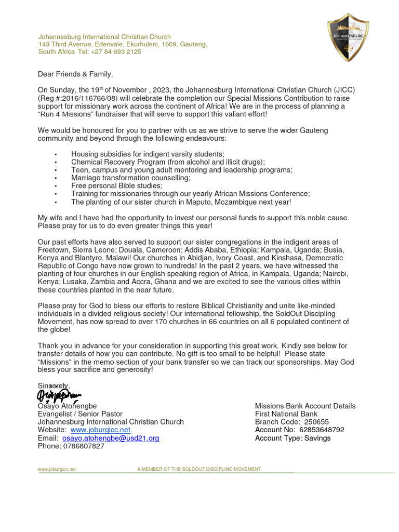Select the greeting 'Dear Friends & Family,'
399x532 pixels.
click(75, 74)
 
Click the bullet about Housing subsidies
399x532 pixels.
click(148, 154)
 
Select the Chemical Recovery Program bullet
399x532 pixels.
click(168, 162)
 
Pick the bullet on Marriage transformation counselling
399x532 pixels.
click(130, 178)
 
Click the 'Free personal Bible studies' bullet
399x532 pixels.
click(116, 185)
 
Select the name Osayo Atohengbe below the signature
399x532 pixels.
click(67, 406)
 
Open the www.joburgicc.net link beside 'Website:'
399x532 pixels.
click(100, 430)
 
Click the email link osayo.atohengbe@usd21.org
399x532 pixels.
click(111, 438)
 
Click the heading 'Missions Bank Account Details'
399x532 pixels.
click(305, 406)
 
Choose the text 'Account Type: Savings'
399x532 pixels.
click(292, 438)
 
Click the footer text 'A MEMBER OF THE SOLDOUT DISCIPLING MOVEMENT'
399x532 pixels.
click(199, 469)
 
